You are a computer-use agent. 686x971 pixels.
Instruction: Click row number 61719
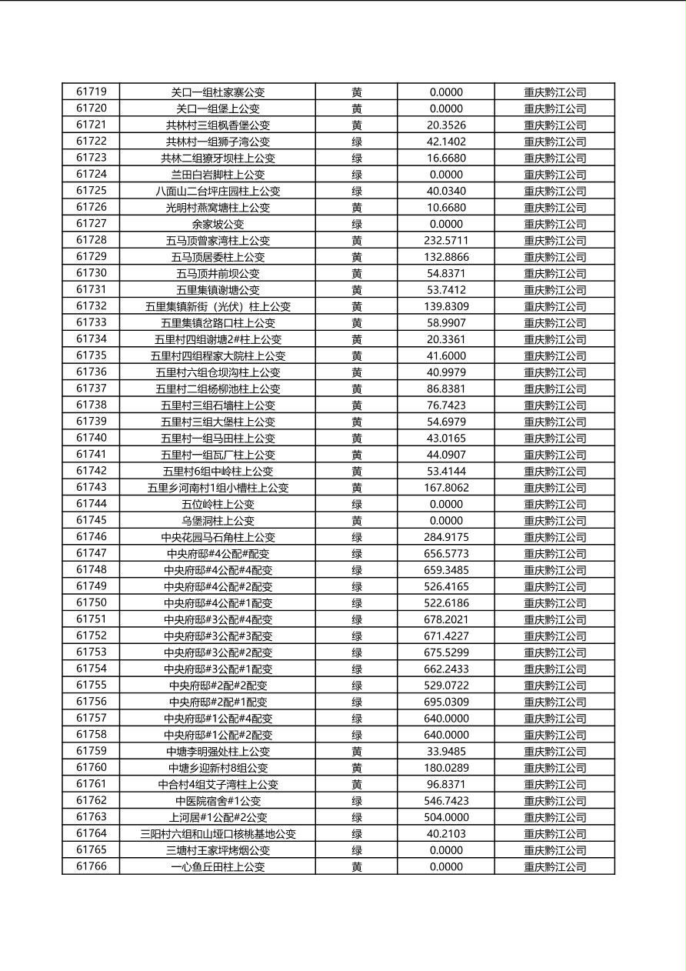click(91, 92)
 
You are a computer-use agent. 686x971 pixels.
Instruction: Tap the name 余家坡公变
click(218, 224)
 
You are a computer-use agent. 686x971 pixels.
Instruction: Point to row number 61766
click(91, 866)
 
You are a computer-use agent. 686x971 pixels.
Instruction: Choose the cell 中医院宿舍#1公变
click(218, 801)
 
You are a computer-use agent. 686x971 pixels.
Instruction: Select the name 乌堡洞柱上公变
click(218, 521)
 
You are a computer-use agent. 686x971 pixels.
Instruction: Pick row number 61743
click(91, 488)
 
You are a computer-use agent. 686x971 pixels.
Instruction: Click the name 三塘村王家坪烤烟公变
click(218, 850)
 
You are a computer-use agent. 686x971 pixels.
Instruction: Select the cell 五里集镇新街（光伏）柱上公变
click(218, 306)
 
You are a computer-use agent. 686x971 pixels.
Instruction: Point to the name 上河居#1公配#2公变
click(218, 817)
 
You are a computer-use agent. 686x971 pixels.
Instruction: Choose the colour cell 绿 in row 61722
click(357, 142)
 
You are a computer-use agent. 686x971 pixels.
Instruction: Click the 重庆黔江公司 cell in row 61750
click(554, 603)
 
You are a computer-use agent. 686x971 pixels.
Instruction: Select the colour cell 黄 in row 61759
click(357, 751)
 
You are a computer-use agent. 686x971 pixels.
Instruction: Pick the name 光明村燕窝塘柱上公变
click(218, 208)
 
